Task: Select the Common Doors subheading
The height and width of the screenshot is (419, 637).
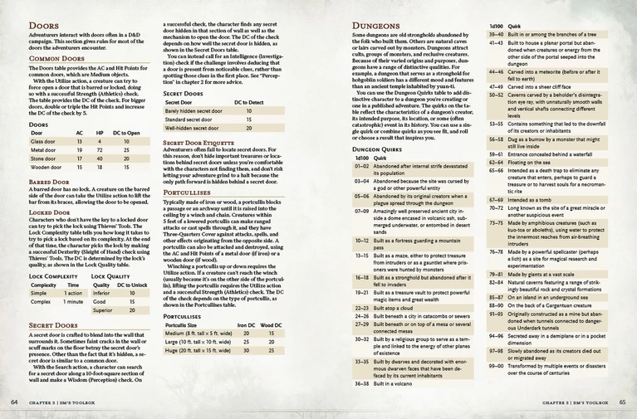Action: pyautogui.click(x=56, y=60)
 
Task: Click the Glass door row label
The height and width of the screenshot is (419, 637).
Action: pyautogui.click(x=43, y=142)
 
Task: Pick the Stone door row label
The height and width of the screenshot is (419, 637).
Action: pyautogui.click(x=43, y=158)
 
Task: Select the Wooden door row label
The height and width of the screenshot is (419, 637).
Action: pyautogui.click(x=47, y=167)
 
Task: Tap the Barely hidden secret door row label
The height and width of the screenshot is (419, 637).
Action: pyautogui.click(x=193, y=110)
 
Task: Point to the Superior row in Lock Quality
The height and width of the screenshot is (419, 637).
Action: pyautogui.click(x=102, y=309)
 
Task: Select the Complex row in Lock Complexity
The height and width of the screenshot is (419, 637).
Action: pyautogui.click(x=40, y=301)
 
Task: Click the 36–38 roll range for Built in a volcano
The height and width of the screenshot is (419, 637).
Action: pyautogui.click(x=362, y=383)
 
